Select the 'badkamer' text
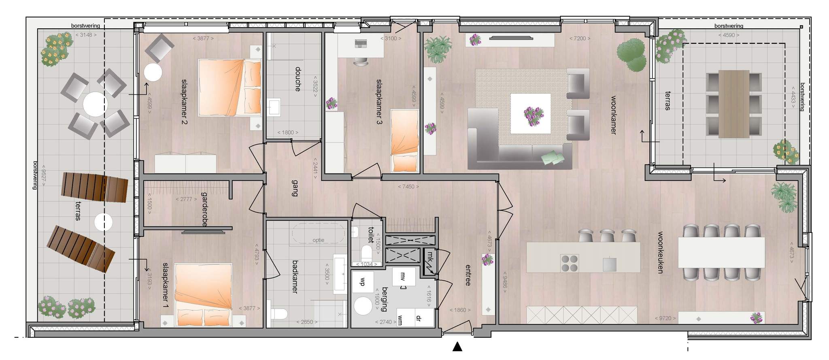coord(295,277)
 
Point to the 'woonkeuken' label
coord(660,253)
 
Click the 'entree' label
coord(468,275)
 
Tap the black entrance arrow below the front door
coord(457,346)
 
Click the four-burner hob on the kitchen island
coord(569,263)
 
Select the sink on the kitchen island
coord(610,264)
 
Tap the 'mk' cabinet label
coord(430,257)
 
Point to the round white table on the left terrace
coord(96,104)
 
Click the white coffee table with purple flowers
coord(530,113)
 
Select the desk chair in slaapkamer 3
coord(361,61)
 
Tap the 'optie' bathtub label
coord(319,240)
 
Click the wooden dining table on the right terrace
coord(733,104)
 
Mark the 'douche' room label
coord(298,79)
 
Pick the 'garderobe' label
coord(204,209)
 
